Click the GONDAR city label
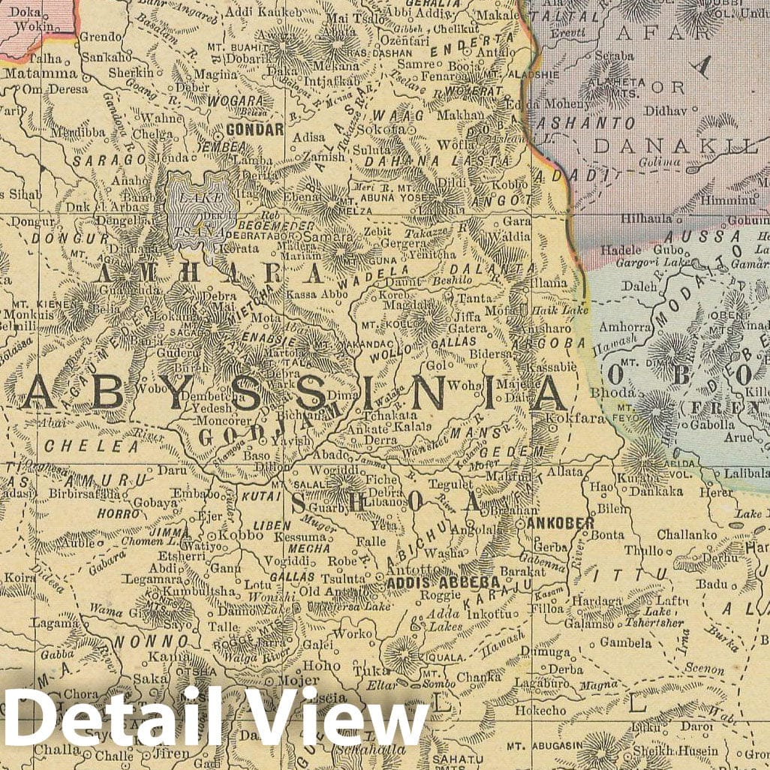click(x=254, y=129)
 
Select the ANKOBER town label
click(x=561, y=523)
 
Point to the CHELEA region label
click(x=92, y=446)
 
